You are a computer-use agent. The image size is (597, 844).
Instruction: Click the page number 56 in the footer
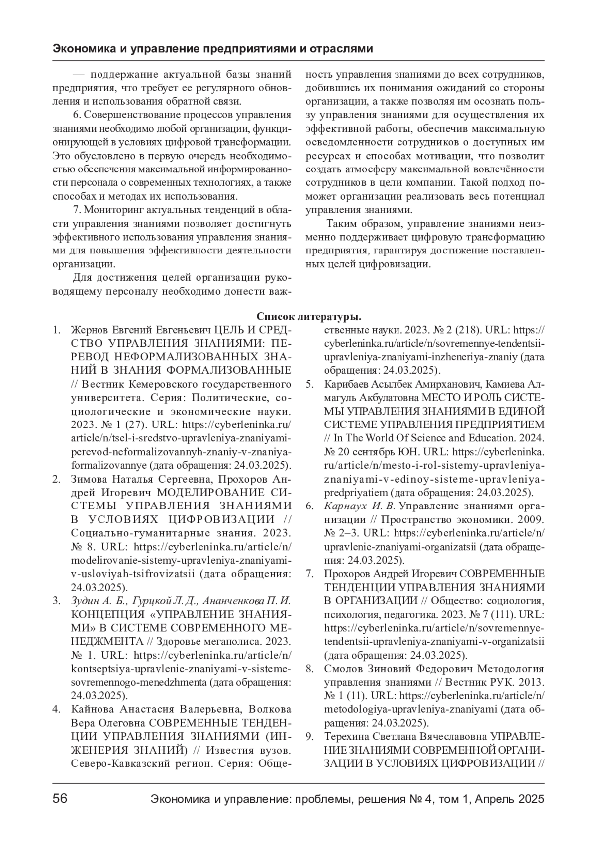60,799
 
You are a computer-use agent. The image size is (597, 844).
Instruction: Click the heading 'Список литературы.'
308,317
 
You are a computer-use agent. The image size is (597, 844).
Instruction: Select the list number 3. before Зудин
57,601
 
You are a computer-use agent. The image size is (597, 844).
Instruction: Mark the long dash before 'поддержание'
79,76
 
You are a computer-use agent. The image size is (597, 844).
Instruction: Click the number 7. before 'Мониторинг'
77,210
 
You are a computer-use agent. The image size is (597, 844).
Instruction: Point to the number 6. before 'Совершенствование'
77,115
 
